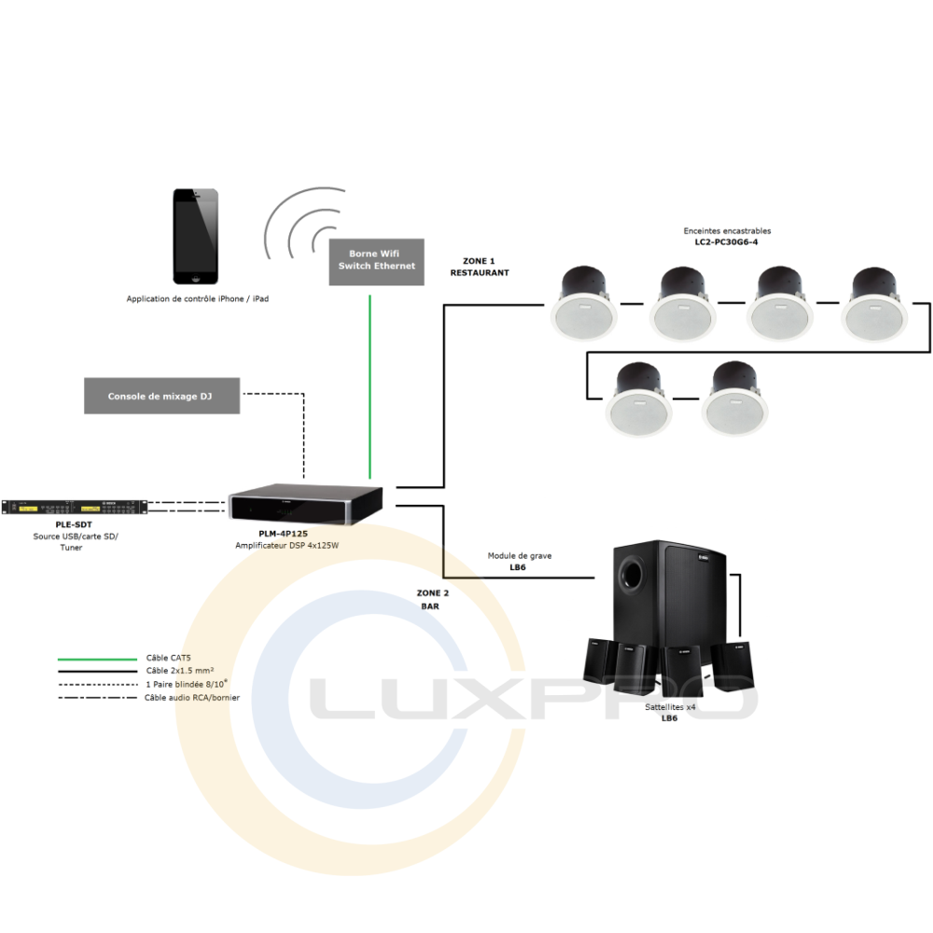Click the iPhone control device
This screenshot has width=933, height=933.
pyautogui.click(x=196, y=236)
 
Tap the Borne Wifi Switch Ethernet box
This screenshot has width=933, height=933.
pyautogui.click(x=377, y=260)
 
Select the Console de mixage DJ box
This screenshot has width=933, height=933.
pyautogui.click(x=160, y=397)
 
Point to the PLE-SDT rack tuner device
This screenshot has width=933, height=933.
pyautogui.click(x=74, y=508)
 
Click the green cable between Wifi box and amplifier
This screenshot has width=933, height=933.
pyautogui.click(x=370, y=383)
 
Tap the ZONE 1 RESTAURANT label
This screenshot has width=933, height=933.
pyautogui.click(x=480, y=267)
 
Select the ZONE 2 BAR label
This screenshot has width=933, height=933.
pyautogui.click(x=432, y=599)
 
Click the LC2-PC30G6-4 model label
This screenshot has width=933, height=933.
pyautogui.click(x=727, y=242)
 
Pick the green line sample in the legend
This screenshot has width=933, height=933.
pyautogui.click(x=97, y=659)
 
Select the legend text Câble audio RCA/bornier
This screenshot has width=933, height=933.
pyautogui.click(x=186, y=697)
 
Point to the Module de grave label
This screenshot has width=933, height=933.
pyautogui.click(x=519, y=556)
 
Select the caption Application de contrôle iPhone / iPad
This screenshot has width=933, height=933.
pyautogui.click(x=198, y=299)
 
